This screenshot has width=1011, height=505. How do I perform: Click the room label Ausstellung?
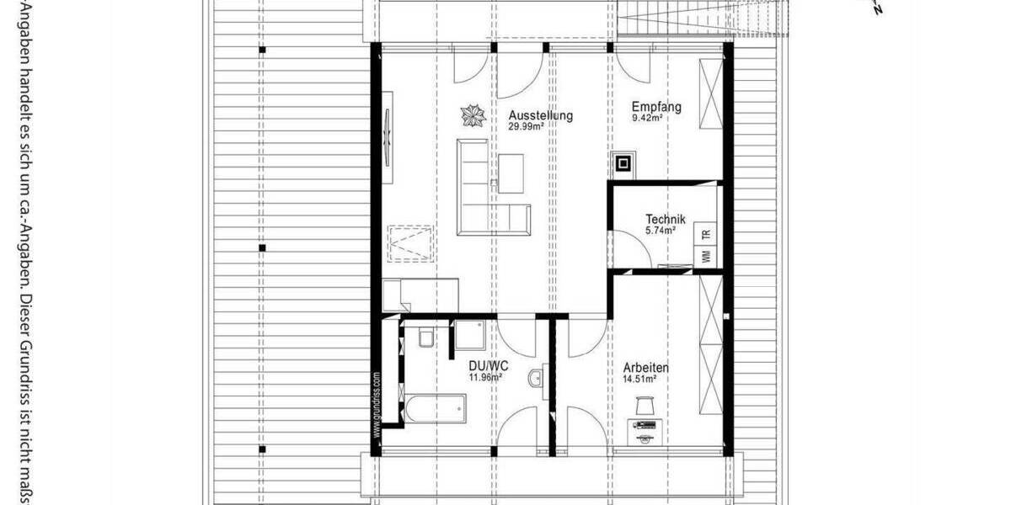click(541, 116)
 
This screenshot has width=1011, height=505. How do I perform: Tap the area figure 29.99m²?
click(525, 127)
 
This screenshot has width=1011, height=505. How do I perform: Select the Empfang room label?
click(657, 107)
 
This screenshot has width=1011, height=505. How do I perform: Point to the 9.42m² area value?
click(648, 118)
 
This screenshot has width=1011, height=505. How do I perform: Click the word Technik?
click(666, 219)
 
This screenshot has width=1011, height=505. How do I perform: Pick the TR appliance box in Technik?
click(706, 235)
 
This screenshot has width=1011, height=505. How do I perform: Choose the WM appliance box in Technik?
click(706, 255)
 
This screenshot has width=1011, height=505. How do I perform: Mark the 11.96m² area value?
click(486, 378)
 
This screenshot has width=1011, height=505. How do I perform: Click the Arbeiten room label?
click(646, 368)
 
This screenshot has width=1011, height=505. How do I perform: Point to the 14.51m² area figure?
click(639, 379)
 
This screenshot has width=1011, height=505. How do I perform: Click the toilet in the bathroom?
click(425, 338)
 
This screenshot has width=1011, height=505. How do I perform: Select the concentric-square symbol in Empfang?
click(623, 162)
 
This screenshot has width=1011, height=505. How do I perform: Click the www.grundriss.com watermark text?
click(377, 402)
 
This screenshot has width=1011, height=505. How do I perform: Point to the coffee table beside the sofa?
click(511, 171)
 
